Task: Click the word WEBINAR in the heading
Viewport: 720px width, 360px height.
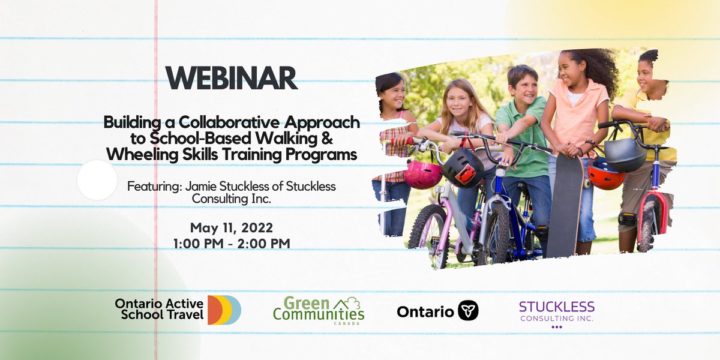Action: tap(232, 79)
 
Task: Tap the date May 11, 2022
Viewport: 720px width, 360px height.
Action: tap(232, 228)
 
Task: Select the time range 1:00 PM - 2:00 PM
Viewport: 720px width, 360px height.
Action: tap(232, 244)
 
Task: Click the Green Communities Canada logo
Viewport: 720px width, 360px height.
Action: tap(319, 310)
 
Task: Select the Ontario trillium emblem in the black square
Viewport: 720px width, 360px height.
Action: tap(468, 311)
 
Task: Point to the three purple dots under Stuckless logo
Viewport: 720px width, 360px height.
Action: tap(556, 327)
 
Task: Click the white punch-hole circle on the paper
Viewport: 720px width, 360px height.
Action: tap(97, 180)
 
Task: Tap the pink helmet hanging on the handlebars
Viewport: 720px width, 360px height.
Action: tap(422, 175)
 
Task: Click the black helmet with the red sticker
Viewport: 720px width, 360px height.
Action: tap(463, 169)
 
